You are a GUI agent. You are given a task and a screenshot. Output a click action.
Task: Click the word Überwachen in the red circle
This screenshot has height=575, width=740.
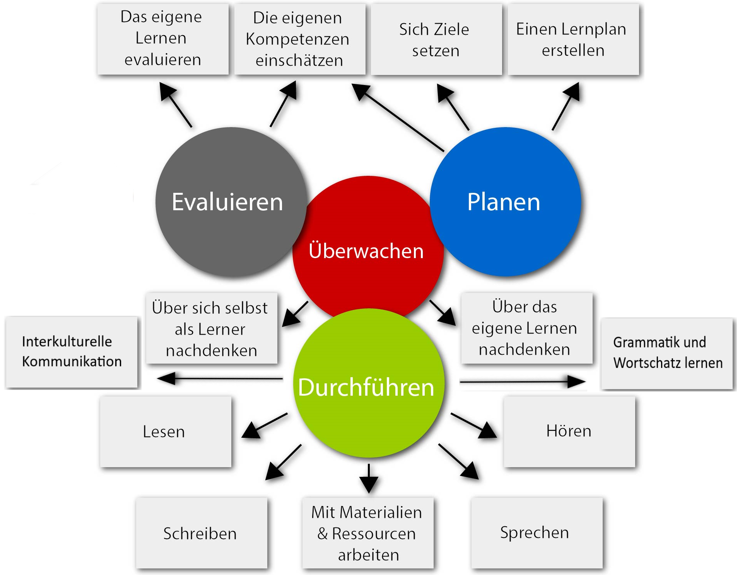click(x=366, y=251)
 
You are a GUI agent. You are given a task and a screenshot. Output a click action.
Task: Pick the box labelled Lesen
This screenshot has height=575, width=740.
click(x=166, y=432)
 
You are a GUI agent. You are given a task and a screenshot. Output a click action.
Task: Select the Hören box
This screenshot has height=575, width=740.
click(x=569, y=431)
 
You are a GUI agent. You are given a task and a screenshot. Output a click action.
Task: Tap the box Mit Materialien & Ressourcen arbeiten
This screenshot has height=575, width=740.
click(x=367, y=533)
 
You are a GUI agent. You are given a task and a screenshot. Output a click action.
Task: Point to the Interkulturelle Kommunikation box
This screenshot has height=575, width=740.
click(x=72, y=352)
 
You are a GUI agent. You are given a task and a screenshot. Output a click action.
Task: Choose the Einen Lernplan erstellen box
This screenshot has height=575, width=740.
click(x=573, y=39)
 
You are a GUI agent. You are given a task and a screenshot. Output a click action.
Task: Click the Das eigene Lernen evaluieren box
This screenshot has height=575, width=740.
click(x=163, y=39)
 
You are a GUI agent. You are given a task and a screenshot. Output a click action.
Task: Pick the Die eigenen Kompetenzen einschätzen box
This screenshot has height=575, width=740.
click(x=299, y=39)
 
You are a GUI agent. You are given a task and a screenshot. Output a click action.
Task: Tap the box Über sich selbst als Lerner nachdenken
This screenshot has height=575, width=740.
click(x=211, y=328)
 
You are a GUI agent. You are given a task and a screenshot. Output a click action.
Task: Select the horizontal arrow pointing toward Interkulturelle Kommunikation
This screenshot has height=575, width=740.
click(x=220, y=378)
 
